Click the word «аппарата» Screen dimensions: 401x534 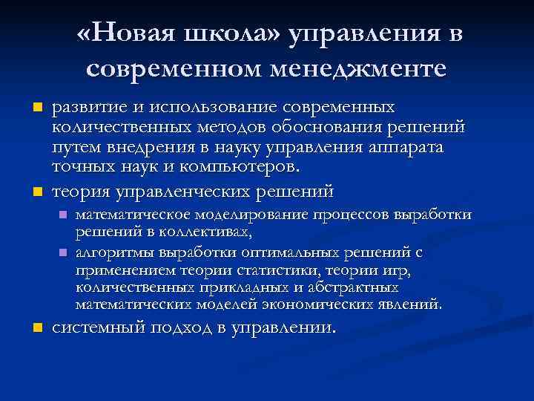[x=406, y=147]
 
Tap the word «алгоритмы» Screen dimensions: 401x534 [x=112, y=252]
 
